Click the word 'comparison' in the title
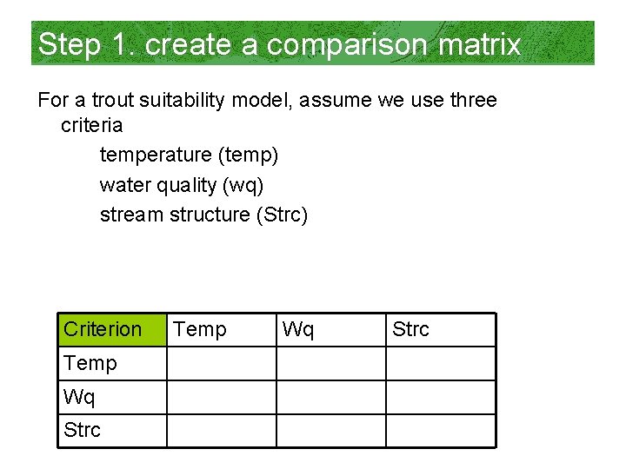[333, 44]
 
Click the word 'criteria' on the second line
[91, 125]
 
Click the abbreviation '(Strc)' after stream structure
[282, 214]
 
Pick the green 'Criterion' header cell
[112, 330]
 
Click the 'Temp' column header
[200, 330]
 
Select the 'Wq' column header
[298, 330]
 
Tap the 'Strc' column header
[410, 330]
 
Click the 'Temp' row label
[90, 364]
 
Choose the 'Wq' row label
[79, 397]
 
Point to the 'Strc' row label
[82, 430]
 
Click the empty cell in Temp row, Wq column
[330, 364]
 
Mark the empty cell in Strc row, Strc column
[440, 430]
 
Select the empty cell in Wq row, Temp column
[221, 397]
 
